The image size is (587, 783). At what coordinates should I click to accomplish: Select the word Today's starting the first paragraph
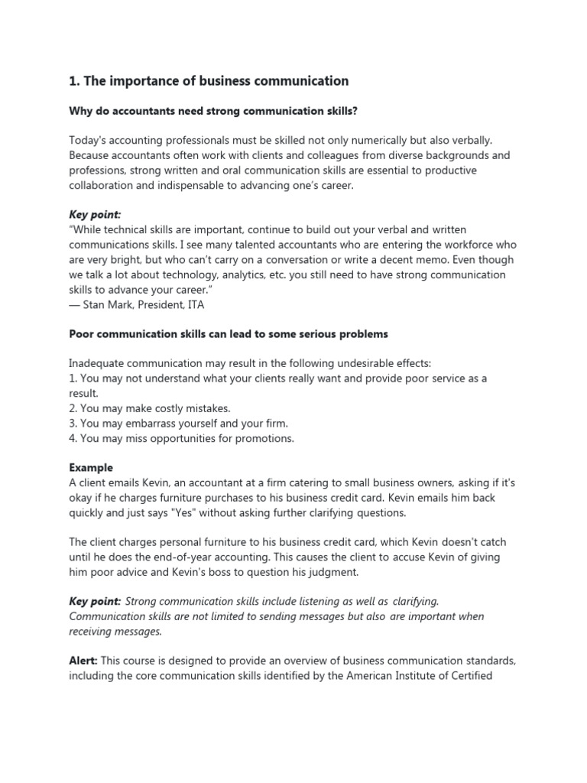click(89, 141)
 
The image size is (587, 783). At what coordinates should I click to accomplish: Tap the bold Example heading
click(91, 467)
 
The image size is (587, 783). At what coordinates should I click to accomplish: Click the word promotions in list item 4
click(264, 438)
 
